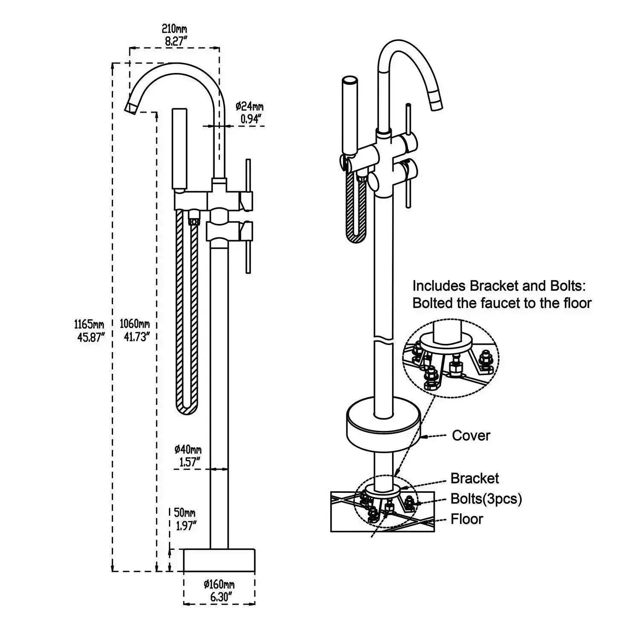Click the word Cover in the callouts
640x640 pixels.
click(x=471, y=436)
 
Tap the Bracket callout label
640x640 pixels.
click(x=474, y=478)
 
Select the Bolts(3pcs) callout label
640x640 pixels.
click(x=486, y=498)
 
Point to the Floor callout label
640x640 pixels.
click(x=467, y=519)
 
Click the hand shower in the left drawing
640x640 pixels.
click(x=179, y=149)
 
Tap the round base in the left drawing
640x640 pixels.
click(x=219, y=560)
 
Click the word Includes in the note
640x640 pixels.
click(x=439, y=285)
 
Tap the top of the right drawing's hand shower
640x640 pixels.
click(x=351, y=80)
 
